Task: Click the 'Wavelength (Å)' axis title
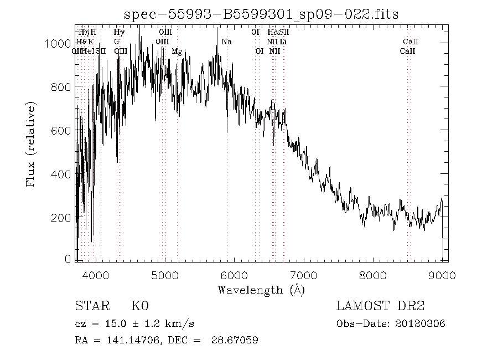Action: coord(261,290)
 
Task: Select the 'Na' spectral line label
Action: coord(226,42)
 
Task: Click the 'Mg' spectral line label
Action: coord(177,52)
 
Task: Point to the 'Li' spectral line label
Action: coord(283,42)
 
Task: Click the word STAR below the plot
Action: coord(91,306)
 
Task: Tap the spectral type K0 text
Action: coord(139,306)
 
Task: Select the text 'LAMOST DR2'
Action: coord(380,306)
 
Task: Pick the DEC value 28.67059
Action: coord(235,340)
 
